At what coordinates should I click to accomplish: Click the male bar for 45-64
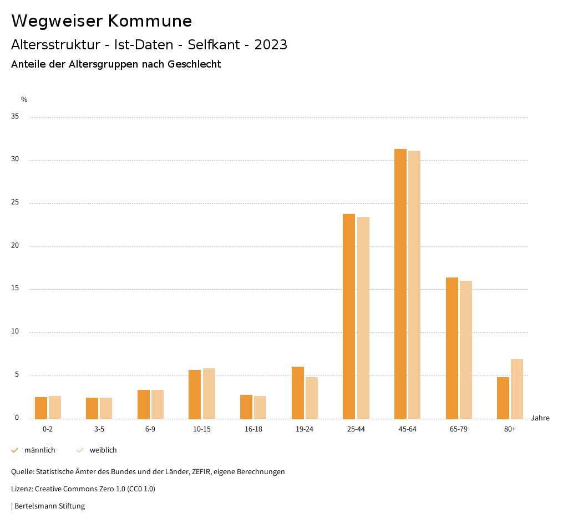point(400,284)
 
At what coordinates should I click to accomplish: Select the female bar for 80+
point(517,389)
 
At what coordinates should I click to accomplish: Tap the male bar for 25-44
point(349,316)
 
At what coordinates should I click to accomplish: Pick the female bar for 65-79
point(466,350)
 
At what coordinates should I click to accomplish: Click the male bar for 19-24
point(298,393)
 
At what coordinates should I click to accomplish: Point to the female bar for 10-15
point(209,393)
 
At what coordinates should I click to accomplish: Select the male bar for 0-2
point(41,408)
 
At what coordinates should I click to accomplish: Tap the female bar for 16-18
point(260,407)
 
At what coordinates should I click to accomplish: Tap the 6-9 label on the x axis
point(150,429)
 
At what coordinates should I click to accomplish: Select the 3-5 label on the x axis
point(99,429)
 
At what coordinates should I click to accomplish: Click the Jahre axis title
point(540,418)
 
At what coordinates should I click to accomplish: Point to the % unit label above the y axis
point(24,100)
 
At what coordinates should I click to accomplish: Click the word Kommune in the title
point(150,21)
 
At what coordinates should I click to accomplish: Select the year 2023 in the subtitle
point(271,45)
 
